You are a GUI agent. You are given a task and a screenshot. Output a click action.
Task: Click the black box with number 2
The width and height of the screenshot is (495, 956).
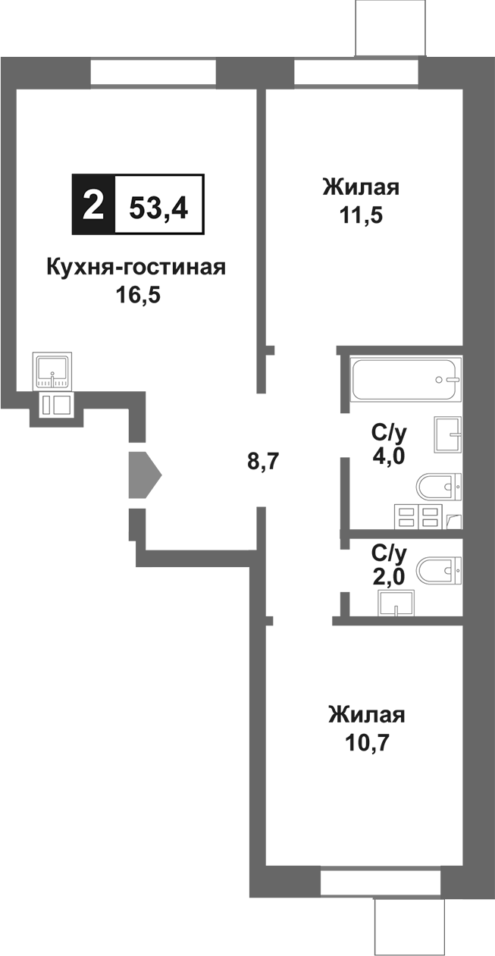tap(93, 205)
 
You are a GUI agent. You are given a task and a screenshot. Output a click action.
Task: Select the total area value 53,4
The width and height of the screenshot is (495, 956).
tap(159, 205)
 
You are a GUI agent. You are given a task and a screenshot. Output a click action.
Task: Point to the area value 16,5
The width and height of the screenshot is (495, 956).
tap(136, 294)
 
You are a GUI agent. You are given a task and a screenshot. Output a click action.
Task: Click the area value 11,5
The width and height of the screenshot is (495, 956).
tap(361, 215)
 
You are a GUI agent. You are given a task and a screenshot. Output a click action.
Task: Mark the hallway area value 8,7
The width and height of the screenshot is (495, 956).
tap(264, 460)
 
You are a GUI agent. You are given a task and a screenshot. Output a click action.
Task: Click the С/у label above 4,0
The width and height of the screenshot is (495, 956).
tap(389, 433)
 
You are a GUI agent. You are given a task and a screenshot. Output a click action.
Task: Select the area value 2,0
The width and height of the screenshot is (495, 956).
tap(389, 575)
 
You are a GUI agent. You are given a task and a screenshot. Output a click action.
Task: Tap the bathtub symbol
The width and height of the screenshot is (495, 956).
tap(406, 378)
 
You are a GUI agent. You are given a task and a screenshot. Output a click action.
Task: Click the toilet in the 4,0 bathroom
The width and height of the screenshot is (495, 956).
tap(440, 485)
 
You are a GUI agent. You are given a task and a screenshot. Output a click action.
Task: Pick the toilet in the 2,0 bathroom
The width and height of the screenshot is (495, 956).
tap(440, 568)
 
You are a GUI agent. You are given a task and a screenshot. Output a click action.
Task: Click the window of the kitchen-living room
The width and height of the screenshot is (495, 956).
tap(154, 73)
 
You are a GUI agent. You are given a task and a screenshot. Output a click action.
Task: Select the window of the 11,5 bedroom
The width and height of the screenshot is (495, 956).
tap(356, 73)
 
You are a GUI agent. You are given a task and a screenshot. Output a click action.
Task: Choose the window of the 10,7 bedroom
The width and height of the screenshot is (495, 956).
tap(381, 882)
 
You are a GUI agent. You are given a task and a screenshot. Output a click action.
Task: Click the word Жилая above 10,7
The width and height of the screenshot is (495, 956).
tap(366, 715)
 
